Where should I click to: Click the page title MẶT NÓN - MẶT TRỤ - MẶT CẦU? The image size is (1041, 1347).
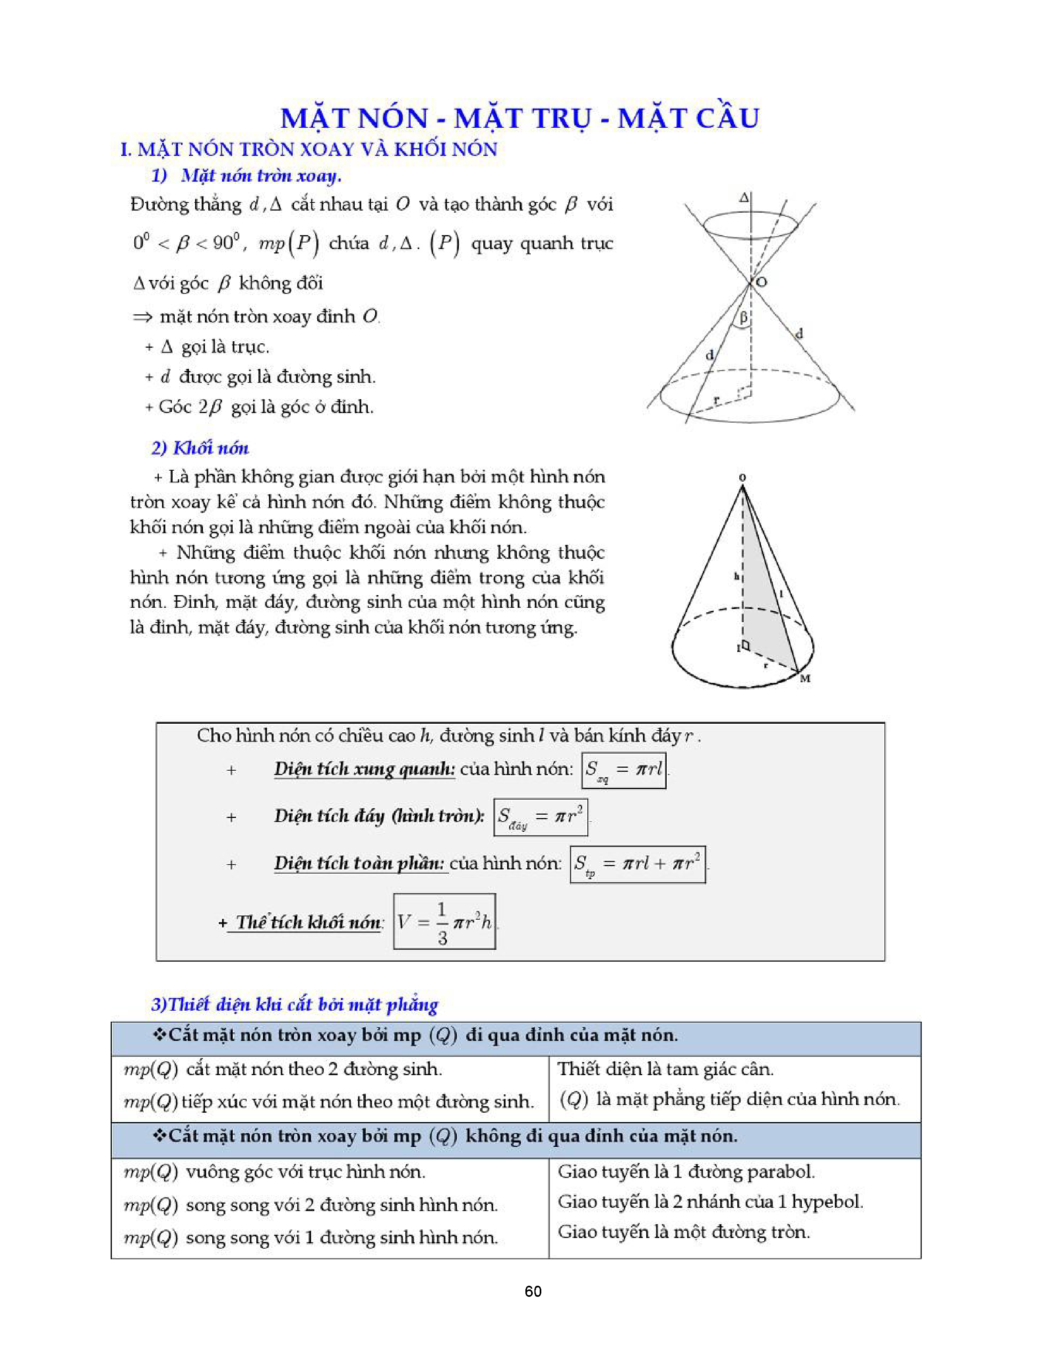[x=520, y=118]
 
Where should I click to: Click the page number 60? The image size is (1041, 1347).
[x=533, y=1291]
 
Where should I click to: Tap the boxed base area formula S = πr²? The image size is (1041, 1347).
[x=540, y=817]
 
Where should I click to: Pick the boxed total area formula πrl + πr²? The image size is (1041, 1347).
[x=638, y=864]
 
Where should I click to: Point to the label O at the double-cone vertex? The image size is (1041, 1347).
[x=762, y=282]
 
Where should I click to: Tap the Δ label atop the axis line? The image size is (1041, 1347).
[x=744, y=198]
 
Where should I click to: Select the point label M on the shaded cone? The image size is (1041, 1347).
[x=805, y=678]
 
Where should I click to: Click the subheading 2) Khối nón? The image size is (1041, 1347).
[x=200, y=448]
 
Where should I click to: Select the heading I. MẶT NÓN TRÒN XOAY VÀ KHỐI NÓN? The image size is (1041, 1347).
[x=308, y=149]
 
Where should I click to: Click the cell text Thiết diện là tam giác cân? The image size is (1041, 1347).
[x=665, y=1069]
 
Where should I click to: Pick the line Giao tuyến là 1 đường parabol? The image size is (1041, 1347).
[x=686, y=1171]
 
